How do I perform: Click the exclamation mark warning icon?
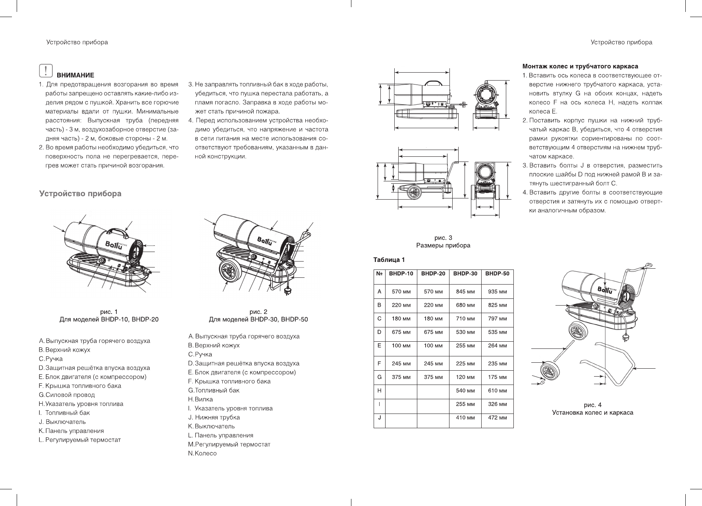tap(46, 71)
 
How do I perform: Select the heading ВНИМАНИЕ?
tap(75, 75)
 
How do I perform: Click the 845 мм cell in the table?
tap(465, 292)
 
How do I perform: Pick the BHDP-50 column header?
tap(497, 273)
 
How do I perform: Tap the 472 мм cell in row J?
tap(497, 417)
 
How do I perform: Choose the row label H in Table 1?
tap(380, 391)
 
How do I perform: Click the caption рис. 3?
tap(443, 238)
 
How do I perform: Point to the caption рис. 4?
tap(592, 405)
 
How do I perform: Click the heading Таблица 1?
tap(389, 260)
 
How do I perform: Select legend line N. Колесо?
tap(202, 453)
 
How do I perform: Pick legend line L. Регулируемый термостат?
tap(79, 440)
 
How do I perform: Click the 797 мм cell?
tap(497, 319)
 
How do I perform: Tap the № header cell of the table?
tap(380, 273)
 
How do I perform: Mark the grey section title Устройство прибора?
tap(80, 194)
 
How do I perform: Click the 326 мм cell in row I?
tap(497, 404)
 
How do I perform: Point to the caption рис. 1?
tap(109, 312)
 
